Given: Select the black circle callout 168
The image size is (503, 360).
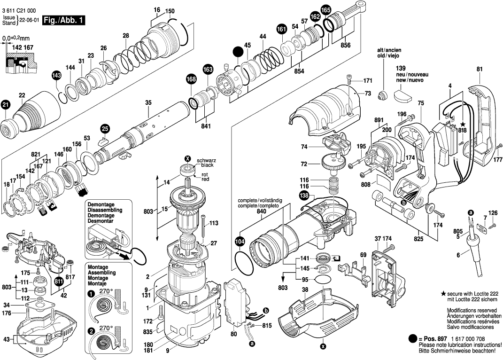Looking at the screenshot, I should [191, 80].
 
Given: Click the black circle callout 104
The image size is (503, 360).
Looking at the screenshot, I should [240, 242].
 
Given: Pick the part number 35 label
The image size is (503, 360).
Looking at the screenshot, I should [148, 102].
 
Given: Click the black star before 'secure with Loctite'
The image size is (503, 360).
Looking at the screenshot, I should [443, 293].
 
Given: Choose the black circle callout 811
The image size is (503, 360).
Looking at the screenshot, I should [59, 282].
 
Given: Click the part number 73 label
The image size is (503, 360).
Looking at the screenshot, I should [368, 94].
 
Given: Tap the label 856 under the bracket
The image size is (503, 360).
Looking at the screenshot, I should [346, 46].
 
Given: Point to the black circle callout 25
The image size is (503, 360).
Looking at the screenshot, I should [105, 128].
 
